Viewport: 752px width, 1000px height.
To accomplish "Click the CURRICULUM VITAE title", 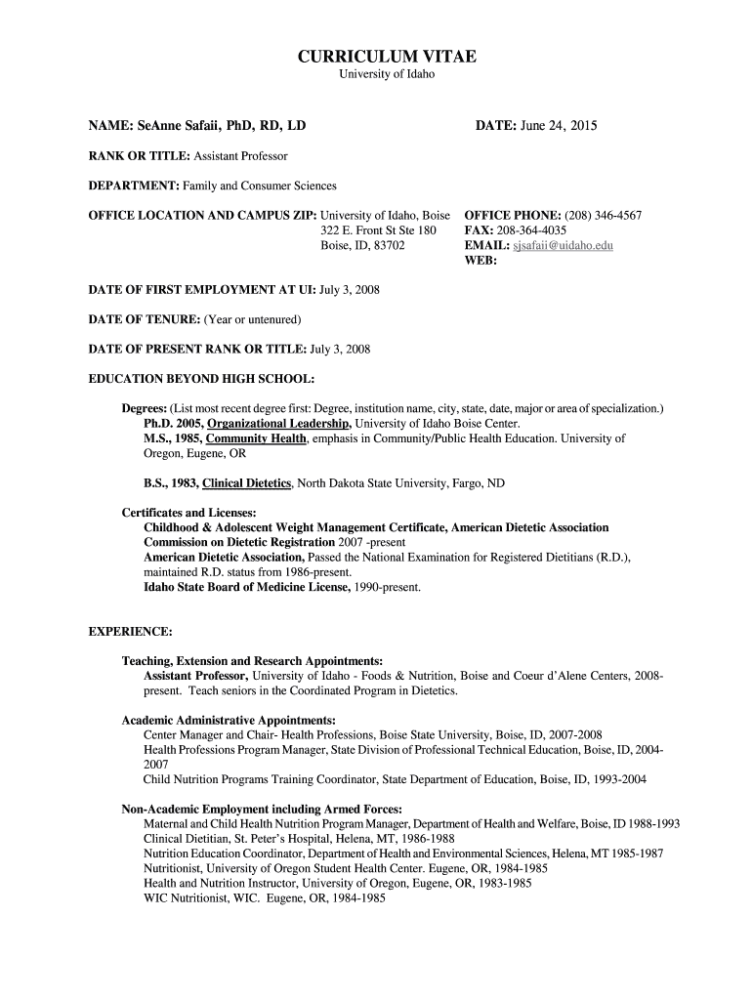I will pyautogui.click(x=388, y=57).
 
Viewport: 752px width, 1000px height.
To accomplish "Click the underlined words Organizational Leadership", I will pyautogui.click(x=279, y=424).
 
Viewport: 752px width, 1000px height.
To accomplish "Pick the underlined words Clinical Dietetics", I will pyautogui.click(x=247, y=483).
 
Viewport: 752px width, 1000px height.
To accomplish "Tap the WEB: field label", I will pyautogui.click(x=481, y=261).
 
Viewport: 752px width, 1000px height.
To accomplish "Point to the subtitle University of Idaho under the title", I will pyautogui.click(x=387, y=75).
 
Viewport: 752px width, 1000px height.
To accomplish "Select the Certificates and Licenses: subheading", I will pyautogui.click(x=188, y=513).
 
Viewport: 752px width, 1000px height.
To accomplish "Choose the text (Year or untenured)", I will pyautogui.click(x=252, y=319).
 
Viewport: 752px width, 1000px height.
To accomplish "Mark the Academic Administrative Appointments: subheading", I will pyautogui.click(x=214, y=720).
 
